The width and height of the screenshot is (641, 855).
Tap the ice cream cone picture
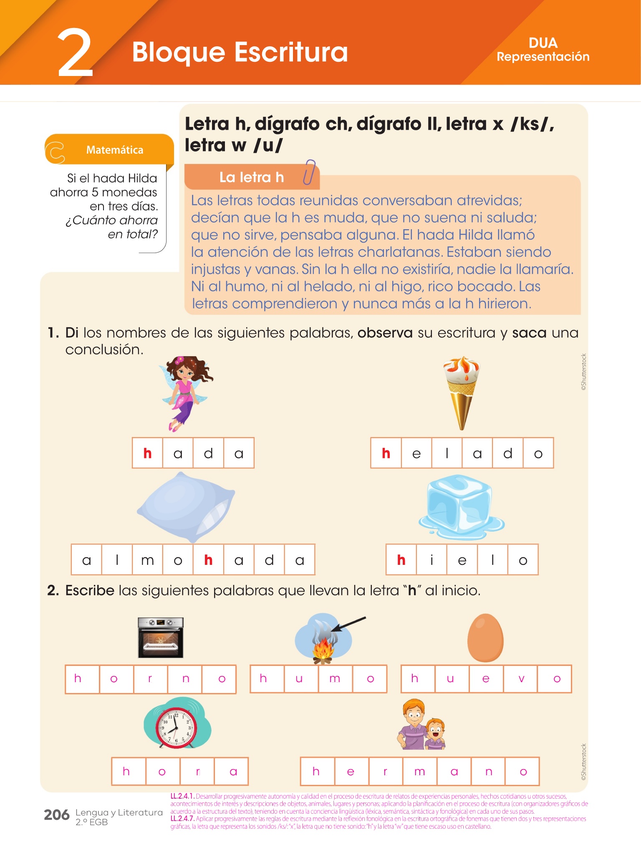tap(461, 393)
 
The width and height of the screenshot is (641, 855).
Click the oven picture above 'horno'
tap(161, 637)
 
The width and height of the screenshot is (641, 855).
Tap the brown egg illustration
tap(485, 637)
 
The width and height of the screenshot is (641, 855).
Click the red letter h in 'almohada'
tap(208, 560)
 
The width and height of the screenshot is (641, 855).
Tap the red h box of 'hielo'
tap(401, 560)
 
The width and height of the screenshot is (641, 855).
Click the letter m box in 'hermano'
tap(420, 772)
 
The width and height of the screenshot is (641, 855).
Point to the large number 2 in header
tap(75, 53)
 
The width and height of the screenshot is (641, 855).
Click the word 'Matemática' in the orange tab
tap(115, 150)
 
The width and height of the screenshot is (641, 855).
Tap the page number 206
tap(57, 815)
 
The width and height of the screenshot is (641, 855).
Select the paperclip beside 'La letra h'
tap(309, 172)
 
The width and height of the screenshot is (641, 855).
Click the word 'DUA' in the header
tap(543, 43)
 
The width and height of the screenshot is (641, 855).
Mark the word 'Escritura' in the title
tap(291, 52)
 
